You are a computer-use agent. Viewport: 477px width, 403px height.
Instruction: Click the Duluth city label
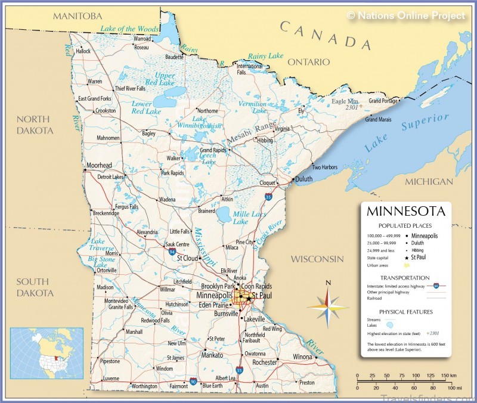point(303,178)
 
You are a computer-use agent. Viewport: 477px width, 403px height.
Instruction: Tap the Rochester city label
point(265,362)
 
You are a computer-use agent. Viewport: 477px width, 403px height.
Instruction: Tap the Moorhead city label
point(99,165)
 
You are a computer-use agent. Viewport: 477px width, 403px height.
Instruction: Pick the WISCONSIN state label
point(317,259)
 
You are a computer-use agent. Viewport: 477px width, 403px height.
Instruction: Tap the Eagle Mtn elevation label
point(346,101)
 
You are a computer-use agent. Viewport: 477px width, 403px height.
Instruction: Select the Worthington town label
point(144,386)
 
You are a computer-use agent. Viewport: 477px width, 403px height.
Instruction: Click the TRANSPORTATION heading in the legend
point(405,277)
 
